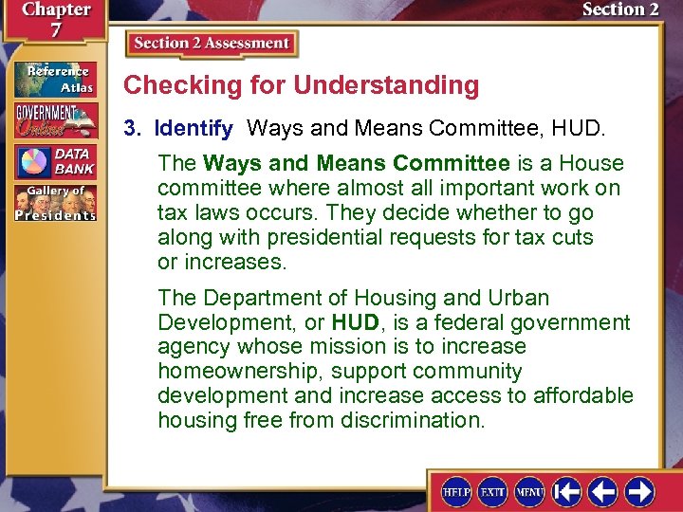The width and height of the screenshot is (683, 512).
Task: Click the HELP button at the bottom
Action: click(x=456, y=492)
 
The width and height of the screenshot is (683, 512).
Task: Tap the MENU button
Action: click(x=528, y=492)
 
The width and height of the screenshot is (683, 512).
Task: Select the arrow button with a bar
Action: click(x=567, y=492)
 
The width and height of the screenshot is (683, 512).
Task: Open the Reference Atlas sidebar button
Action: click(x=54, y=79)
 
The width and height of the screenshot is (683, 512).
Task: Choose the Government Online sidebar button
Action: click(x=54, y=120)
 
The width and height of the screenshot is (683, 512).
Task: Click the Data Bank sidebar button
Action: click(x=54, y=161)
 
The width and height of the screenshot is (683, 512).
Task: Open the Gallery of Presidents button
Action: click(x=54, y=203)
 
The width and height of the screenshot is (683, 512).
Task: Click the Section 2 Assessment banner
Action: click(x=212, y=44)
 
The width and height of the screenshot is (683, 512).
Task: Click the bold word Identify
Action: click(x=194, y=127)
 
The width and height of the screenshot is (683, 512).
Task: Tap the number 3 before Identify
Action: click(x=131, y=127)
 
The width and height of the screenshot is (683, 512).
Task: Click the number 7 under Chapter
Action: click(x=55, y=32)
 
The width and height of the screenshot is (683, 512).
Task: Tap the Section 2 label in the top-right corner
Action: click(x=619, y=9)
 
